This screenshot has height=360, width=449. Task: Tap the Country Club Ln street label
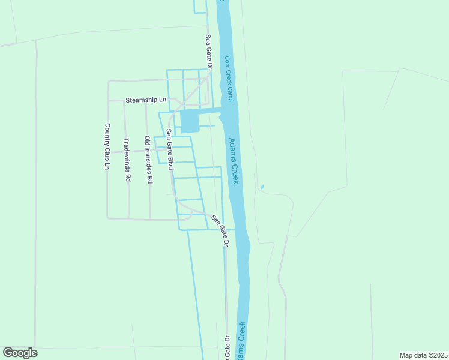pyautogui.click(x=107, y=146)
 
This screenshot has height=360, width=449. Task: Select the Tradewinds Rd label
pyautogui.click(x=127, y=160)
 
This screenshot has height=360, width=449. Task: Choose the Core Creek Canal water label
pyautogui.click(x=228, y=79)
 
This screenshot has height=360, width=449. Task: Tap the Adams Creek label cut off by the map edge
pyautogui.click(x=242, y=343)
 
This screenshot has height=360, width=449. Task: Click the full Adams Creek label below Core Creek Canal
pyautogui.click(x=234, y=161)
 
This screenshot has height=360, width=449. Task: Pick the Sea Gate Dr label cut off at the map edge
pyautogui.click(x=227, y=348)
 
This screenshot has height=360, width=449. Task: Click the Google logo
pyautogui.click(x=20, y=353)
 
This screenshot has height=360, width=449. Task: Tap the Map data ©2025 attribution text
pyautogui.click(x=423, y=355)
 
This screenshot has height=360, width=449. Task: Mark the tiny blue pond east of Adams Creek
pyautogui.click(x=261, y=187)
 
